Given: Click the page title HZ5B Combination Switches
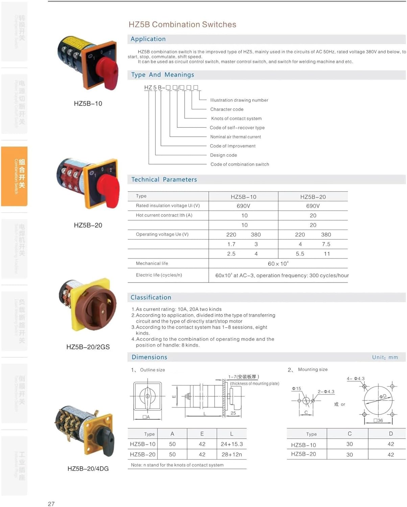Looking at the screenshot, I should (x=182, y=24).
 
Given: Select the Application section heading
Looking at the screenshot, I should (x=148, y=39).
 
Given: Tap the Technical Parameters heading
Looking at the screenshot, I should (x=164, y=179).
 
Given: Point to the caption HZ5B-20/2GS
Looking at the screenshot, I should (x=88, y=347).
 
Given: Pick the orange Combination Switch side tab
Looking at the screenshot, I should (x=15, y=176).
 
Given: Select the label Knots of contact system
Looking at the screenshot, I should (x=236, y=119).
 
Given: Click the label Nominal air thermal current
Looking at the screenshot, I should (x=236, y=137).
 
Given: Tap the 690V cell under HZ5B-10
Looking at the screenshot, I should (x=243, y=206).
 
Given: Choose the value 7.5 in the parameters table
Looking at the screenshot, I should (x=326, y=244).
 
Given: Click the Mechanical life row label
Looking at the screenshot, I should (x=152, y=263).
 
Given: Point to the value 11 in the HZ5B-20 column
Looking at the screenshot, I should (x=327, y=254).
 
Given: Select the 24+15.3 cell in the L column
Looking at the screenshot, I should (x=232, y=444).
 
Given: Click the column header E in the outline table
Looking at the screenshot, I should (x=202, y=434).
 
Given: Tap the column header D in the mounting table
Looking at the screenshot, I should (x=391, y=434).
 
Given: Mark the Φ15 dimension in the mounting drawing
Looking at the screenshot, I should (x=296, y=389).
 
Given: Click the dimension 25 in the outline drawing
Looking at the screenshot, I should (x=233, y=413).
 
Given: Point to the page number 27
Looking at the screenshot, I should (x=51, y=504).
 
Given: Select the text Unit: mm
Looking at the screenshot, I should (x=385, y=357).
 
